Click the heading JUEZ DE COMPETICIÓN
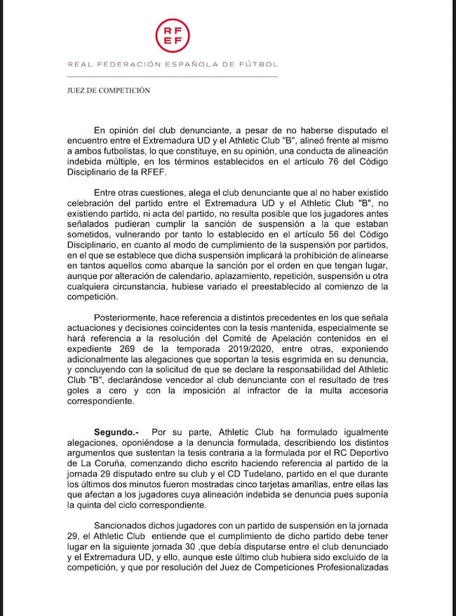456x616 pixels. [104, 90]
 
